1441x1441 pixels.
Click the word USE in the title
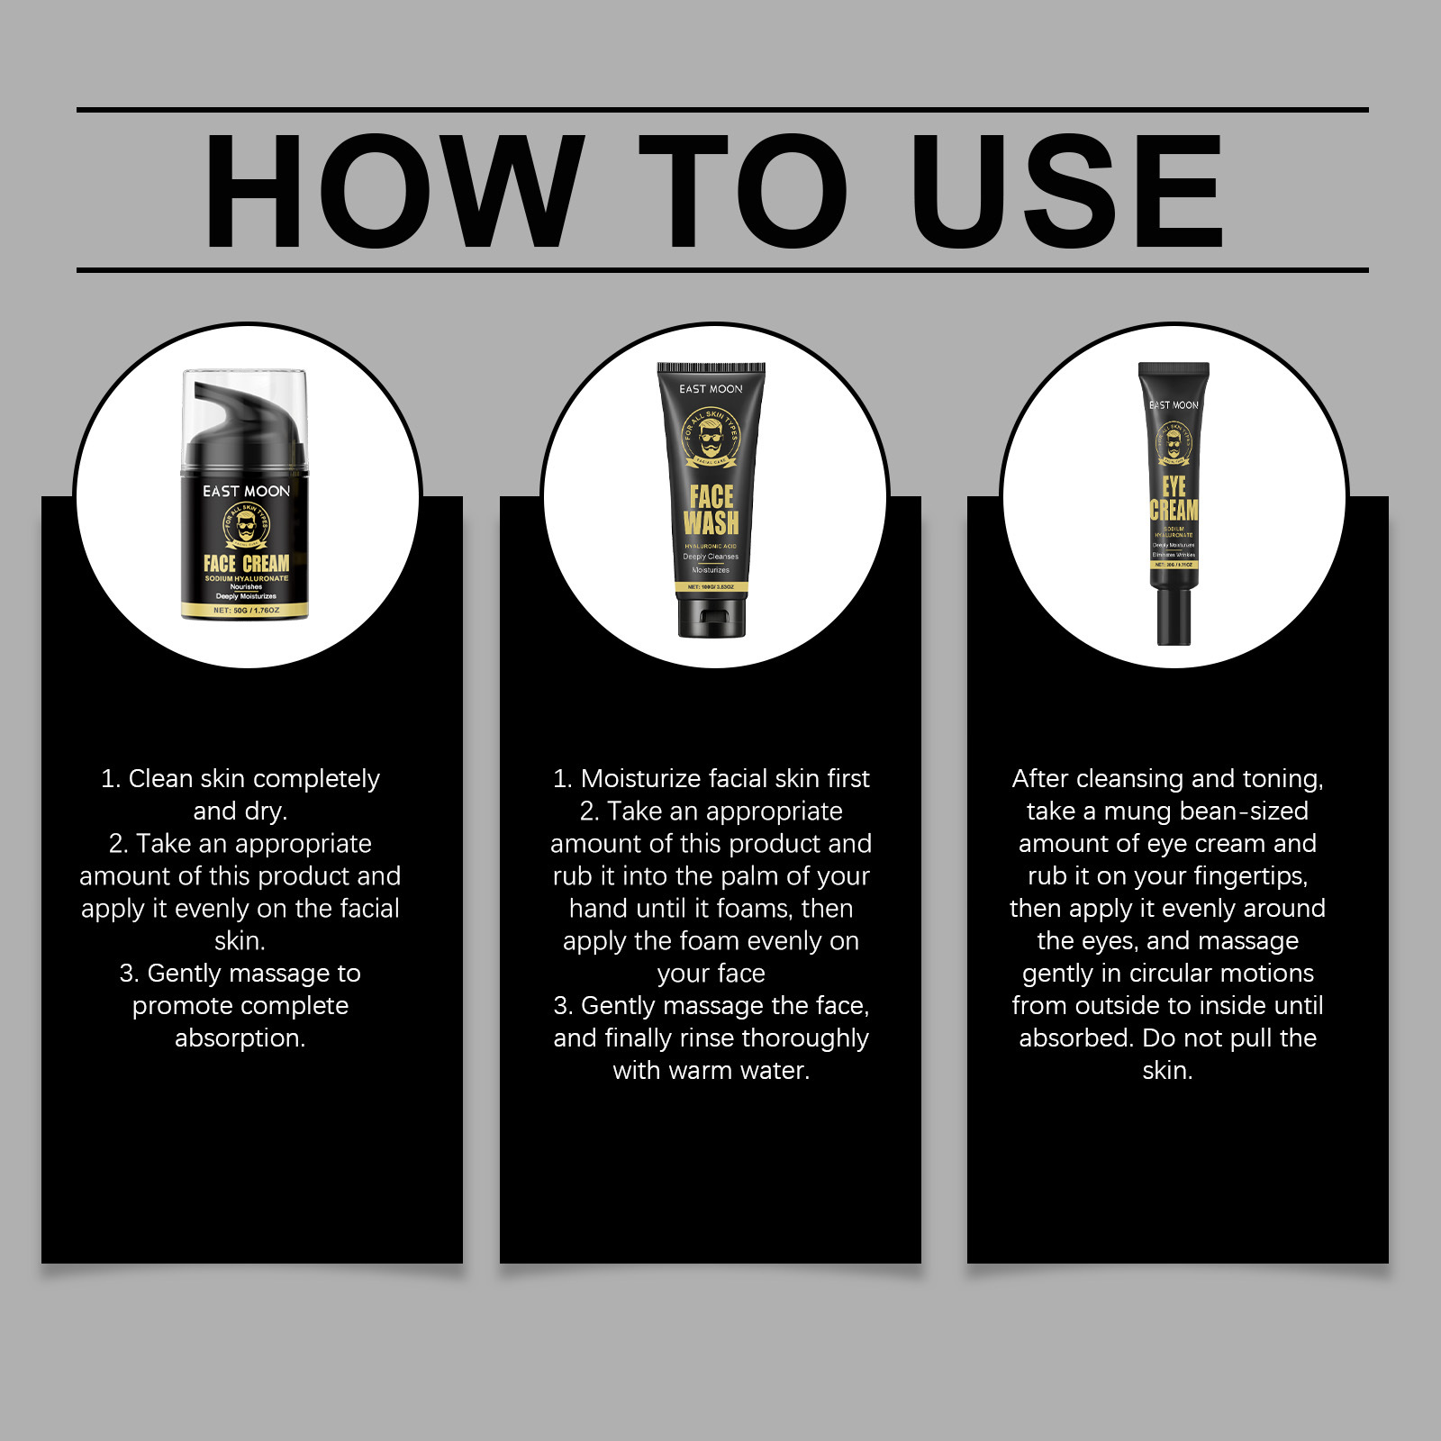tap(1066, 191)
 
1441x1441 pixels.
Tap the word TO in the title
tap(743, 191)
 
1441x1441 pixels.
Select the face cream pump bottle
tap(245, 504)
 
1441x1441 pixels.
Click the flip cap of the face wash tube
tap(711, 616)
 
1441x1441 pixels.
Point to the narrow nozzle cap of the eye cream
tap(1174, 616)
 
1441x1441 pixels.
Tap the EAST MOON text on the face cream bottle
tap(246, 491)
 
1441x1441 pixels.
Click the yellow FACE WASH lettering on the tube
tap(711, 510)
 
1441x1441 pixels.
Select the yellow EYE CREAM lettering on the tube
tap(1174, 499)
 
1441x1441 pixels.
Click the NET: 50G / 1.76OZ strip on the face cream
tap(246, 611)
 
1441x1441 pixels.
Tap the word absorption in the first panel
tap(240, 1038)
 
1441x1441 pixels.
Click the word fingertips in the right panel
tap(1250, 876)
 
